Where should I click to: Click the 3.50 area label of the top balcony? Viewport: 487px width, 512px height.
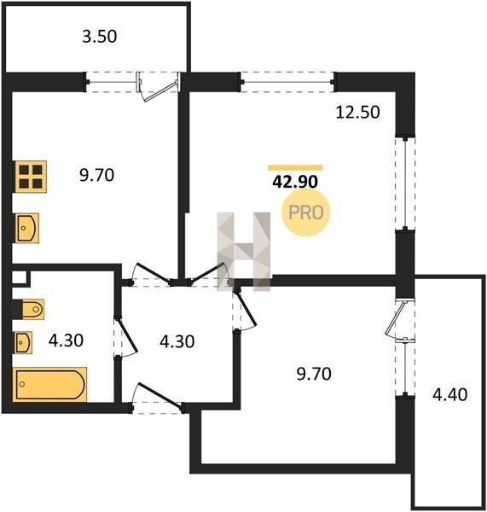pos(99,36)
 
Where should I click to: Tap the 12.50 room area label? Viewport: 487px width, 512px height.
pos(357,112)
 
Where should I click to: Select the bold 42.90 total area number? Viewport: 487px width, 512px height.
pos(295,182)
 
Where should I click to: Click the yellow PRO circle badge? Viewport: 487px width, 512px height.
pos(306,212)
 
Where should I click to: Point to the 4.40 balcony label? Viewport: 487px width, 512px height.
pos(449,394)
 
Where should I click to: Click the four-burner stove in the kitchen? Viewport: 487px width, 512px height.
pos(31,177)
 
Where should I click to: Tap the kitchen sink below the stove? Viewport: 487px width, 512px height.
pos(26,228)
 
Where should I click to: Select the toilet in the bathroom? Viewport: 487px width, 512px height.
pos(32,309)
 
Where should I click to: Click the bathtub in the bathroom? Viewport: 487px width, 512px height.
pos(50,384)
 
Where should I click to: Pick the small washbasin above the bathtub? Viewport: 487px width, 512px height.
pos(23,342)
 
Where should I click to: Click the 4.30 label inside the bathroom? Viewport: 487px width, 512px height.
pos(66,340)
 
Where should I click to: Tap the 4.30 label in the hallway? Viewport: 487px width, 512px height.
pos(177,341)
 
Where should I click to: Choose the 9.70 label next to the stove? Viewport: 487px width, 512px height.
pos(96,175)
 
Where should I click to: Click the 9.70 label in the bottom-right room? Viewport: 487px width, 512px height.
pos(314,374)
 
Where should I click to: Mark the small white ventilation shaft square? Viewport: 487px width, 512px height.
pos(19,277)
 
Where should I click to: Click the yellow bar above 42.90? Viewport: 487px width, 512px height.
pos(295,168)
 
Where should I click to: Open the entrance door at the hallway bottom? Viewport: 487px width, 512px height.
pos(158,397)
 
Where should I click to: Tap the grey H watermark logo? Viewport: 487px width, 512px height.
pos(244,252)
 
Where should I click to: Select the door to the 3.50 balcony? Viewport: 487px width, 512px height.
pos(159,85)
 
